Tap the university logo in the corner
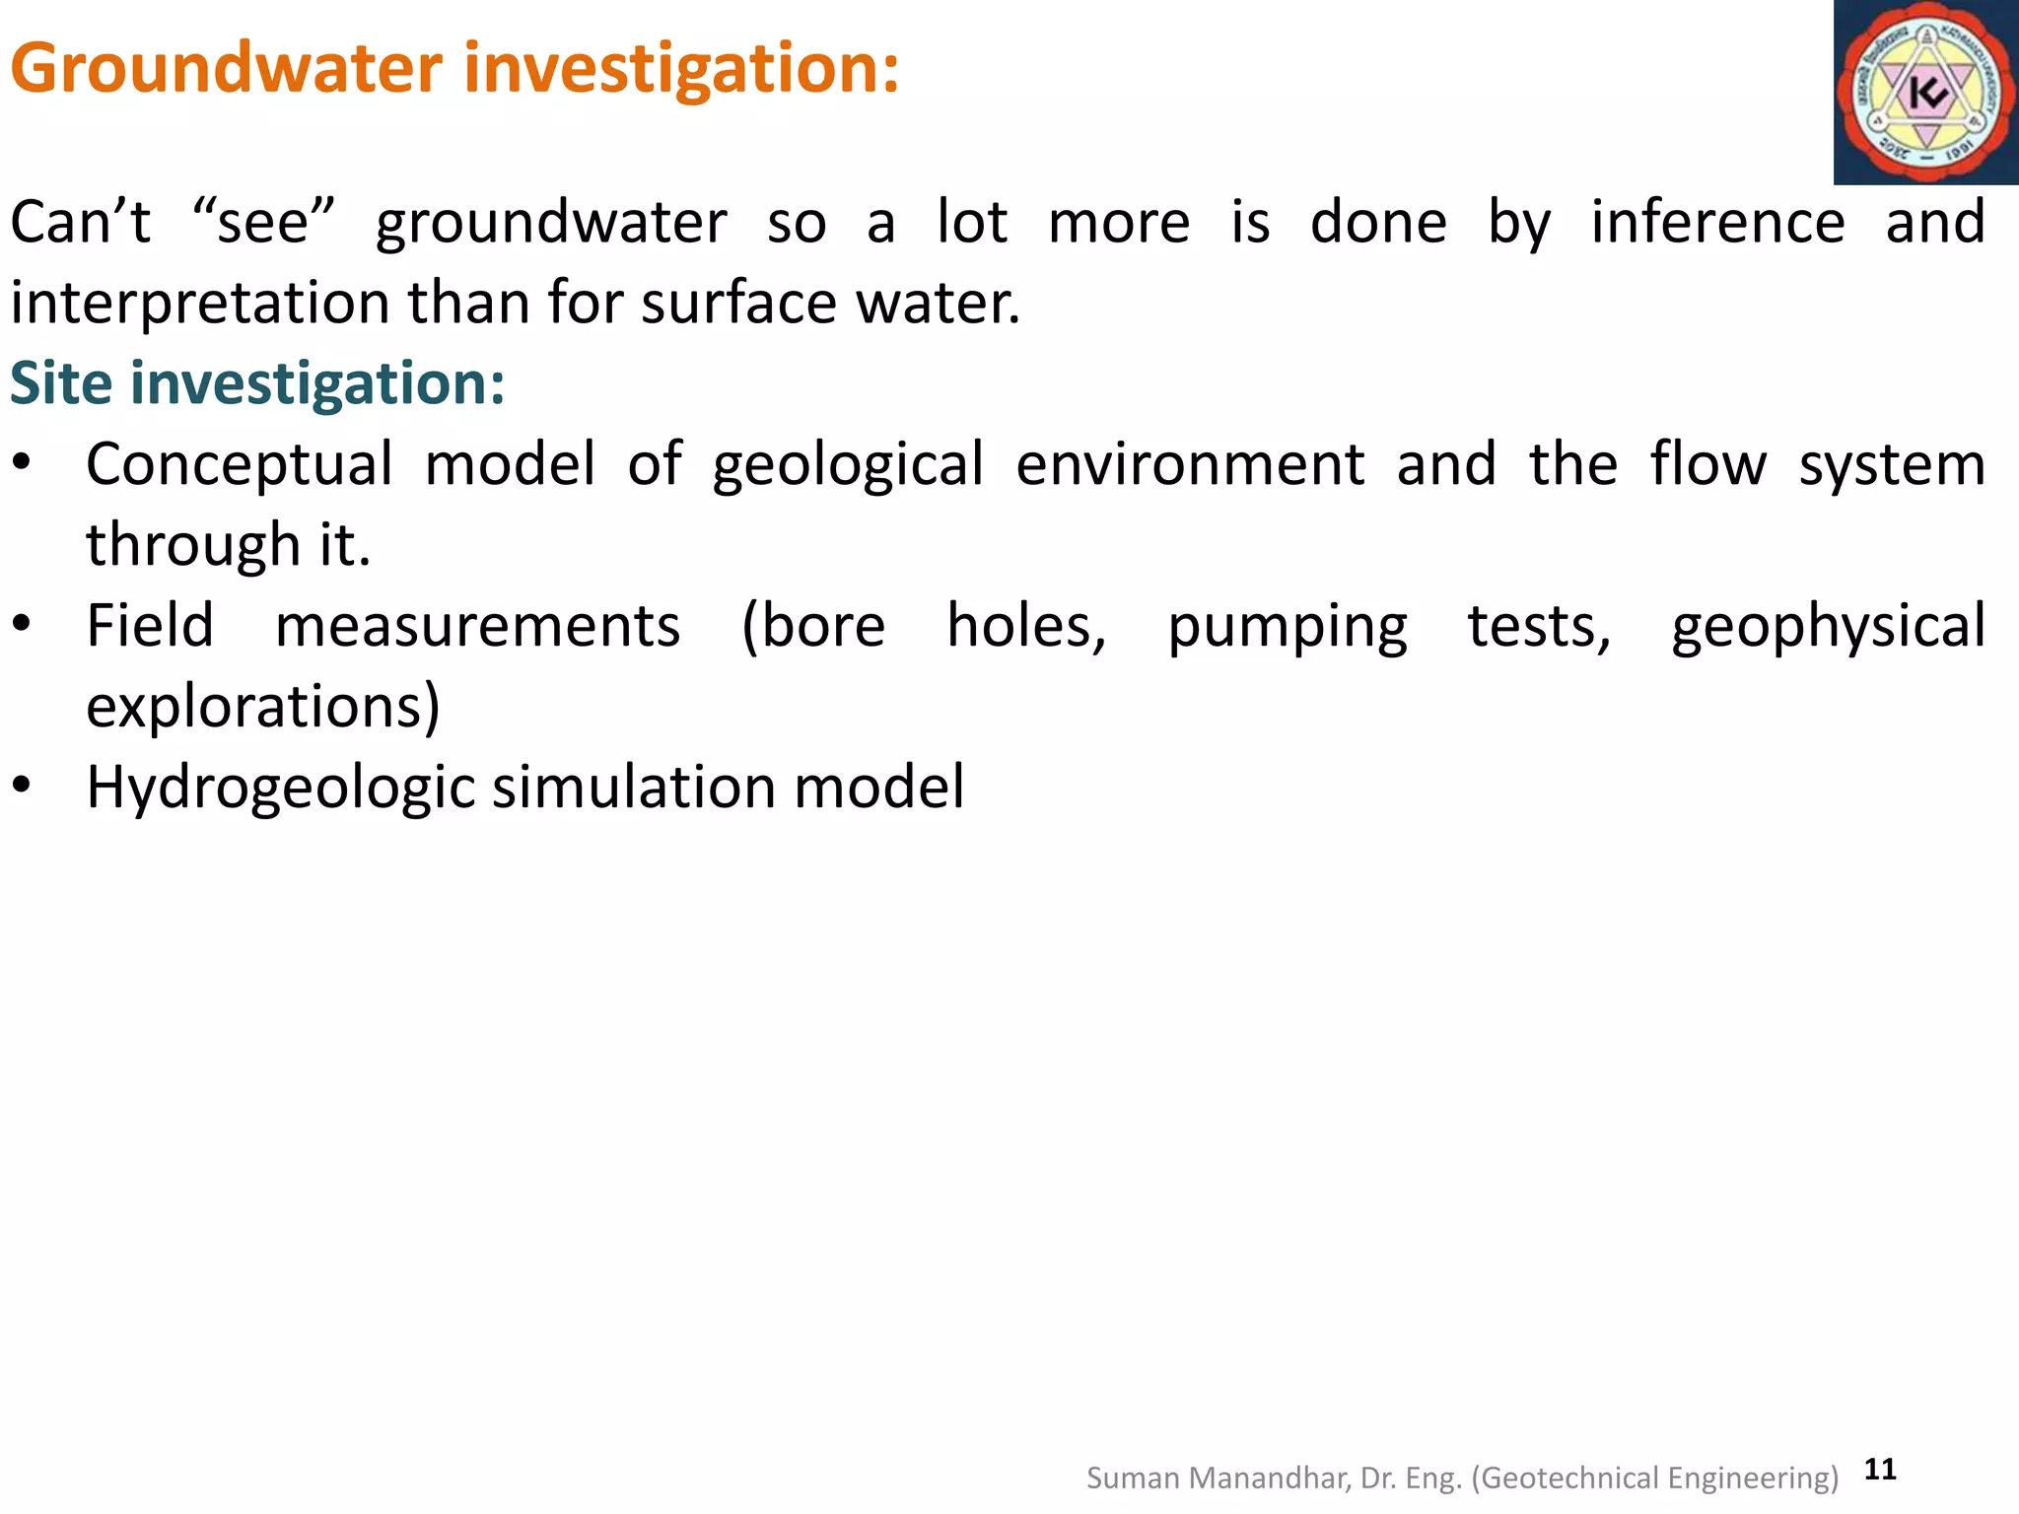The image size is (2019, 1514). [1925, 93]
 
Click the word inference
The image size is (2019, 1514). [1717, 223]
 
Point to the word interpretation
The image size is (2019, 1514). [201, 304]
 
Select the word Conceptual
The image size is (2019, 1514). [240, 465]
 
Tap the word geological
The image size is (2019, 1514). [848, 465]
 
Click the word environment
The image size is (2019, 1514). [1190, 465]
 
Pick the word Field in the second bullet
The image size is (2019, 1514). [150, 627]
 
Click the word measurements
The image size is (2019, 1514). [477, 627]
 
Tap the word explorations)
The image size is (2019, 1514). [263, 708]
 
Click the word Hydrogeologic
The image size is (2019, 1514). [281, 789]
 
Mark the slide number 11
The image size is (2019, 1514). [1880, 1470]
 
